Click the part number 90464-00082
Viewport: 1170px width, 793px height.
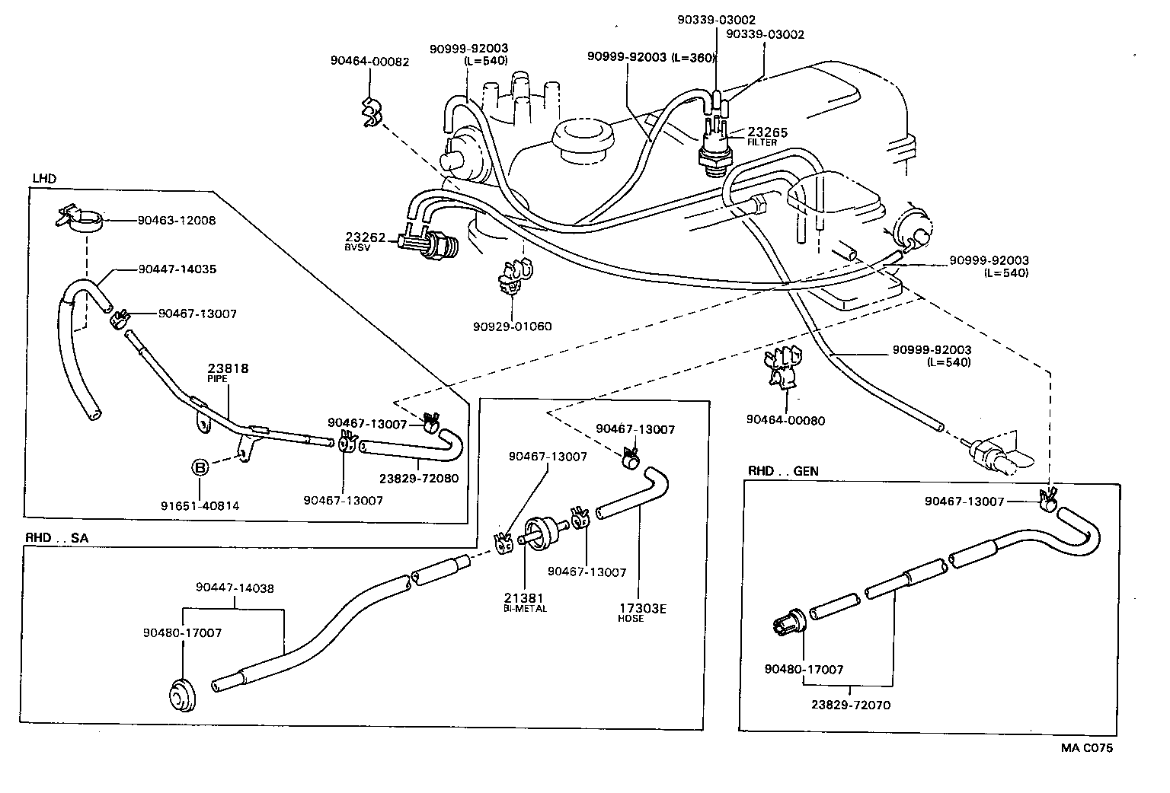[x=369, y=62]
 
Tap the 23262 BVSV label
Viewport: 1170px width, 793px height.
[x=365, y=240]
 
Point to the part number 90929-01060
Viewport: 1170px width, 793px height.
[x=512, y=326]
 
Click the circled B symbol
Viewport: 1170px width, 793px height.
[x=199, y=467]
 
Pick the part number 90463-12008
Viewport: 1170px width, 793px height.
[x=177, y=221]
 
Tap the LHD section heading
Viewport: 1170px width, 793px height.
[x=43, y=178]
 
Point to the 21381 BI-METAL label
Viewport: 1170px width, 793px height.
[x=525, y=602]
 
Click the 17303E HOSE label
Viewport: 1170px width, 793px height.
[x=641, y=612]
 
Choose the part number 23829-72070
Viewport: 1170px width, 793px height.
[x=851, y=705]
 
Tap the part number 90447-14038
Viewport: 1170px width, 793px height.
[x=235, y=588]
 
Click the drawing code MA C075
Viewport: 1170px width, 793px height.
[x=1087, y=748]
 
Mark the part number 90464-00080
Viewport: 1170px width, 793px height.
[x=785, y=420]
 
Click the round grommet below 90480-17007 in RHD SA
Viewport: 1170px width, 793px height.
[x=182, y=693]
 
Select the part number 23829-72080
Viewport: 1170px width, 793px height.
[x=418, y=479]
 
